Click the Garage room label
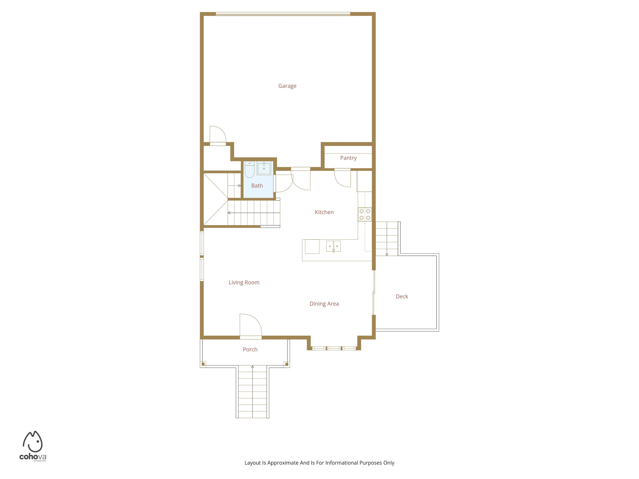click(287, 86)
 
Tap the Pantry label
click(348, 158)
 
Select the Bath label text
click(257, 186)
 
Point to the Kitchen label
click(324, 212)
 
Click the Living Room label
click(244, 282)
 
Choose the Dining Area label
click(324, 304)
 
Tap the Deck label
click(402, 297)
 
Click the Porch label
click(250, 350)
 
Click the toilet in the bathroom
click(250, 169)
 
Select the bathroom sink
click(264, 168)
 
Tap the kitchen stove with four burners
click(365, 215)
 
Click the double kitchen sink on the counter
click(333, 246)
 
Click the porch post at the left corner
click(203, 364)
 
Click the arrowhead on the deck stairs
click(387, 254)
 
